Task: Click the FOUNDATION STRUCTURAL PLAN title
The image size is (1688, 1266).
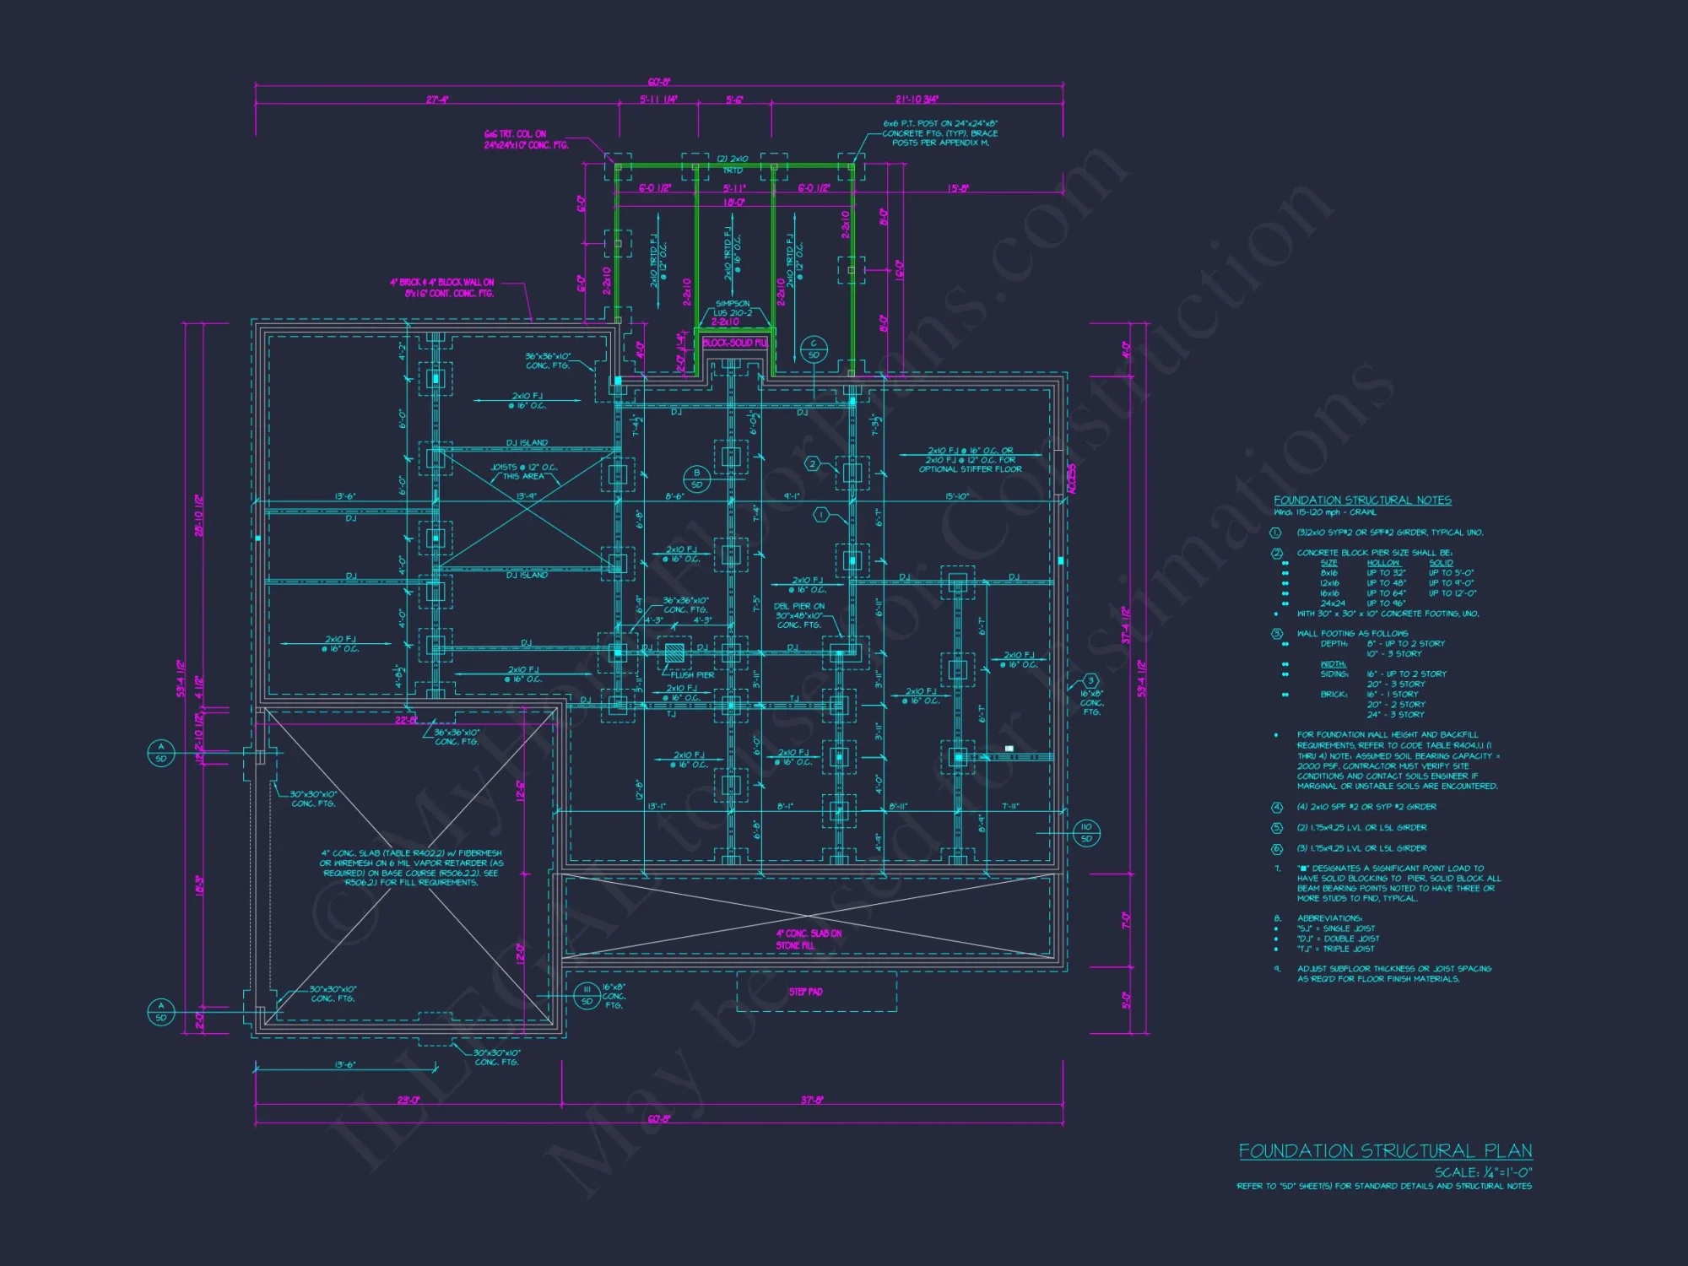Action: point(1385,1151)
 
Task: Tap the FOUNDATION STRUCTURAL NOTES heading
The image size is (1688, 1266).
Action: point(1362,500)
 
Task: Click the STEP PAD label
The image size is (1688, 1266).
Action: point(805,992)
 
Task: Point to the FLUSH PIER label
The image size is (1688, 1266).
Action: point(693,675)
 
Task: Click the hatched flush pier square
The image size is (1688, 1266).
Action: point(674,652)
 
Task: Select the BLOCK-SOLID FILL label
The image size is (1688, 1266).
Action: point(734,343)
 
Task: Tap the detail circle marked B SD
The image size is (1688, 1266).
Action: point(696,479)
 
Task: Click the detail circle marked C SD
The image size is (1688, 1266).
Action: point(814,349)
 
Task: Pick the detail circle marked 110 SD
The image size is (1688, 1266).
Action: point(1086,832)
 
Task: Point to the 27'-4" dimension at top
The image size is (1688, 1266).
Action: point(437,100)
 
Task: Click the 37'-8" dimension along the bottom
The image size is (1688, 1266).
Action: point(812,1101)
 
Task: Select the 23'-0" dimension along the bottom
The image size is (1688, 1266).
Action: point(408,1101)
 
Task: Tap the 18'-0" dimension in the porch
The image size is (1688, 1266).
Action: point(733,203)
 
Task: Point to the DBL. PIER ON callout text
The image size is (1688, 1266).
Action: point(799,606)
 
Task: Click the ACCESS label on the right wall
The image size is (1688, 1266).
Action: point(1073,478)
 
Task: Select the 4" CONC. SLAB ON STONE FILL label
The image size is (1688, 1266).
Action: point(809,939)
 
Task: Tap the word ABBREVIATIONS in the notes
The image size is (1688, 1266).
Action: point(1329,918)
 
